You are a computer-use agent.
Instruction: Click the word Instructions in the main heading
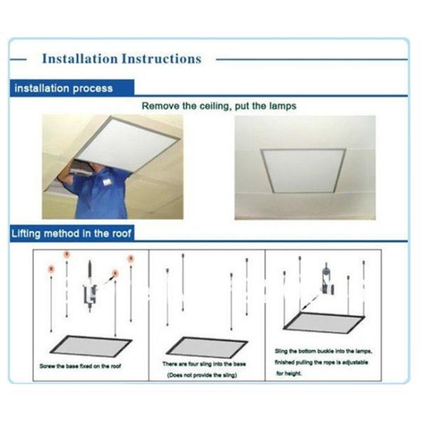(x=162, y=59)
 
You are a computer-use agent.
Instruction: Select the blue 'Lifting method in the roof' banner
(x=71, y=234)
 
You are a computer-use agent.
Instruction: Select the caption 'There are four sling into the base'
(x=205, y=364)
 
